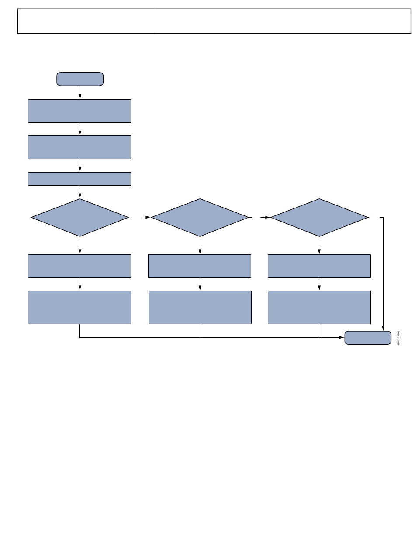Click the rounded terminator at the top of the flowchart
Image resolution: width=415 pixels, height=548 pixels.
(x=80, y=79)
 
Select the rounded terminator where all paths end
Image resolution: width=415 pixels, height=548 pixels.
(x=368, y=338)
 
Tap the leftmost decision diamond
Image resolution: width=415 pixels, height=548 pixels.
(x=80, y=217)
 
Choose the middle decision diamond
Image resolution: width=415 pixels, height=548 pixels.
(x=200, y=217)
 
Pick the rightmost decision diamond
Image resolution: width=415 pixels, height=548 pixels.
(x=319, y=217)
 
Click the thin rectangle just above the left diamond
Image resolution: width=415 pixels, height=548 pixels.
(x=80, y=179)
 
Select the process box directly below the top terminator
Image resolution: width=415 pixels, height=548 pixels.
(x=80, y=111)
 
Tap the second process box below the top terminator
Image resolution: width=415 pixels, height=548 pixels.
(x=80, y=147)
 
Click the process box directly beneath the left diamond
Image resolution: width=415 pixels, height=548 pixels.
(x=80, y=266)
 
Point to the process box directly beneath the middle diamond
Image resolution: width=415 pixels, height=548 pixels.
(x=200, y=266)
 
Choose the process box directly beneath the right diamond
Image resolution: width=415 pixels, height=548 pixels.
(x=319, y=266)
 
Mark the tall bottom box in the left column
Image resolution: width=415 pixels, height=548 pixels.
(x=80, y=307)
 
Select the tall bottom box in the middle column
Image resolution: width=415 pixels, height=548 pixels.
(x=200, y=307)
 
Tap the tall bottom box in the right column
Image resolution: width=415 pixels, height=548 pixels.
(x=319, y=307)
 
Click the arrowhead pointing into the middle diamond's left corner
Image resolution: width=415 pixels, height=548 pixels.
(x=148, y=217)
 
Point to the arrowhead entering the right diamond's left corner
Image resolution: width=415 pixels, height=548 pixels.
(x=268, y=217)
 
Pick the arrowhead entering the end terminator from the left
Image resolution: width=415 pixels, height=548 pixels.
(x=342, y=337)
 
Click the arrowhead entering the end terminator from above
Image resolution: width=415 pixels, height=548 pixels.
(x=384, y=328)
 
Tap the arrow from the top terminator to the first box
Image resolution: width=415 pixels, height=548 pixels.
(x=80, y=93)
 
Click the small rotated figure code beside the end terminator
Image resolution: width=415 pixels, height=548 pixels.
(x=399, y=338)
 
